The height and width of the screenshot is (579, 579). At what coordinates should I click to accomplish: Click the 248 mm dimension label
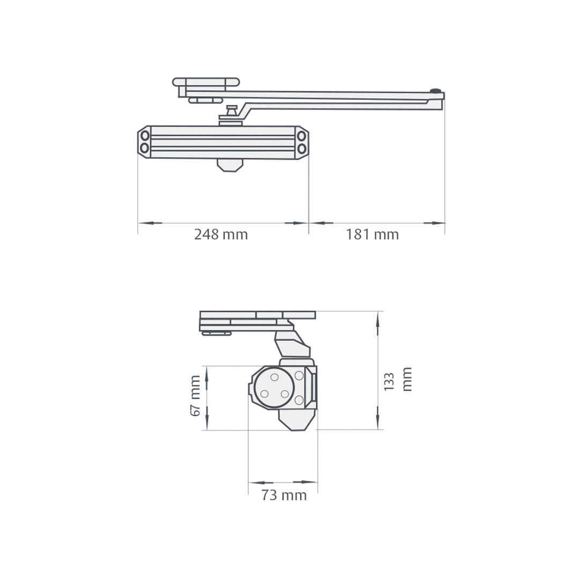[x=221, y=235]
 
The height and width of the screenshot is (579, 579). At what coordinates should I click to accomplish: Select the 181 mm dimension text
[x=372, y=235]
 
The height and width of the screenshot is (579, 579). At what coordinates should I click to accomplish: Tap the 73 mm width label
[x=284, y=496]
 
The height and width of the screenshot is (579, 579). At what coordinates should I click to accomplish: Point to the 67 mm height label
[x=195, y=396]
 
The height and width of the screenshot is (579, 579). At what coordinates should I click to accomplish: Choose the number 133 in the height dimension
[x=390, y=382]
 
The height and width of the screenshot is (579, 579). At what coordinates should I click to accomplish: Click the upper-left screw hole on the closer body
[x=145, y=135]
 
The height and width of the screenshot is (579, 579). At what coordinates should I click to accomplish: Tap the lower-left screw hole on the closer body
[x=145, y=147]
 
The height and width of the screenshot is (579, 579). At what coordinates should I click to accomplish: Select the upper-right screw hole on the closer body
[x=302, y=135]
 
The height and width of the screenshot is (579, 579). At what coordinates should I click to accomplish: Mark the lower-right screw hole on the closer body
[x=302, y=148]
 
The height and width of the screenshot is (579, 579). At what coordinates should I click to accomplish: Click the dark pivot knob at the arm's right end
[x=435, y=91]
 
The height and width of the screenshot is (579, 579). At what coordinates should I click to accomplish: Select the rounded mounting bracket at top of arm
[x=206, y=82]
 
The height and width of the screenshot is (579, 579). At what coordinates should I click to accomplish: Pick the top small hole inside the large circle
[x=274, y=377]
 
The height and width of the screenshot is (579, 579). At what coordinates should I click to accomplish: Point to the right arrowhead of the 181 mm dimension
[x=438, y=222]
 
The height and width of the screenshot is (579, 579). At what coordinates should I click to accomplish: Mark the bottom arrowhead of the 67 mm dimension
[x=207, y=423]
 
